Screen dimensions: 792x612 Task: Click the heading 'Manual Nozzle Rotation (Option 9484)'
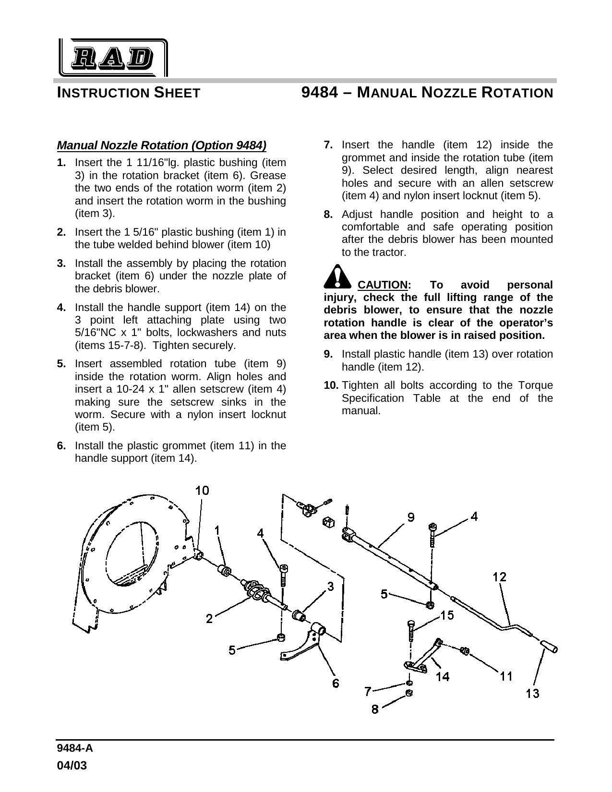[161, 145]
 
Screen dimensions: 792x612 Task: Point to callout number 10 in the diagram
[202, 490]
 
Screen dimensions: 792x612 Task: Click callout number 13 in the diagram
[532, 693]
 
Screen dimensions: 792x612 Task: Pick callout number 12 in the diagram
[500, 576]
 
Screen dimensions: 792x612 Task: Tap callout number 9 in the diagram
[411, 517]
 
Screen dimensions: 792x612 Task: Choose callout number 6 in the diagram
[336, 683]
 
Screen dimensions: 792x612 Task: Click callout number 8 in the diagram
[375, 708]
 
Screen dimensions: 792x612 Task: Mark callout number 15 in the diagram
[447, 615]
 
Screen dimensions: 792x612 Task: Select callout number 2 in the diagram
[209, 619]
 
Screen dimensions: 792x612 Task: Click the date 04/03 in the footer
[72, 766]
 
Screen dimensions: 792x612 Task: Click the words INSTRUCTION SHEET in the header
[129, 93]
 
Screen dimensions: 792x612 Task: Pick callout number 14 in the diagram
[442, 676]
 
